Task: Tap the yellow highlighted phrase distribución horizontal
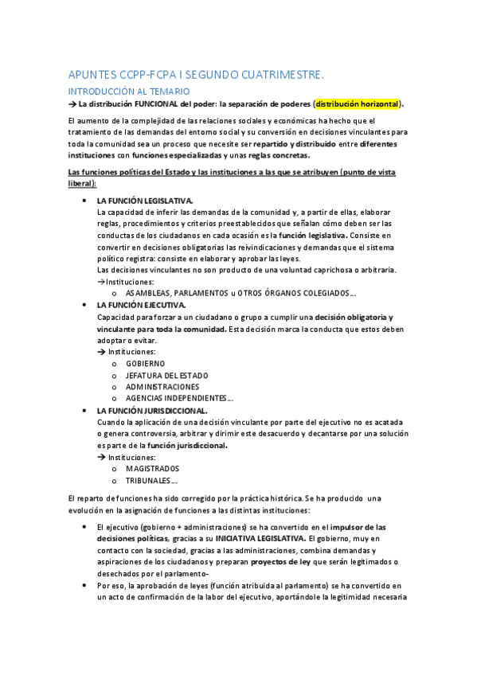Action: [x=358, y=103]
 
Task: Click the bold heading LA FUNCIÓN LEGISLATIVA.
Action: [x=144, y=201]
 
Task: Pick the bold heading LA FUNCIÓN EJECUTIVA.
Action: [x=141, y=305]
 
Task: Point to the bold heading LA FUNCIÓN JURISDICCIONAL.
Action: [x=151, y=410]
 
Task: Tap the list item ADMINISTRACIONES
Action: [x=162, y=387]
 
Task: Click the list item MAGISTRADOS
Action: [x=153, y=469]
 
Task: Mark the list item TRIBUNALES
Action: [x=151, y=480]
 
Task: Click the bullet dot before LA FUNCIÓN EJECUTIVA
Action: [x=84, y=305]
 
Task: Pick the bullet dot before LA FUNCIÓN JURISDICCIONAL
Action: [x=84, y=410]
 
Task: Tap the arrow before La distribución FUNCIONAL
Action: [x=70, y=103]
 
